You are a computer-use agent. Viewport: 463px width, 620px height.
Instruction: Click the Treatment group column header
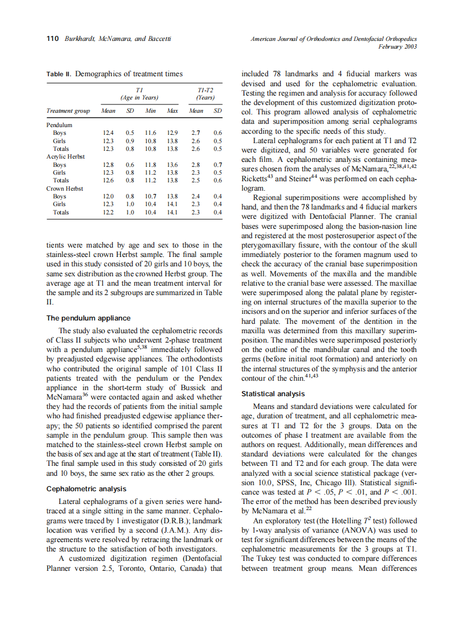click(x=68, y=111)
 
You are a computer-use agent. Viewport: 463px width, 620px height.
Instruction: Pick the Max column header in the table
click(x=172, y=111)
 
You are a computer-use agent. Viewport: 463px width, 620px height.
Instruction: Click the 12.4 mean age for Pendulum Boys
click(x=108, y=133)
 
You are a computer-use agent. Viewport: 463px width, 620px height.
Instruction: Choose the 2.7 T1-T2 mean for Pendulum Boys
click(x=196, y=133)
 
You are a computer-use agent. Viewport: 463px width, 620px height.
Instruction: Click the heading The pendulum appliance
click(x=88, y=318)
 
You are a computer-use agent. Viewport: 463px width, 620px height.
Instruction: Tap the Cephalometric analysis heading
click(x=86, y=489)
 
